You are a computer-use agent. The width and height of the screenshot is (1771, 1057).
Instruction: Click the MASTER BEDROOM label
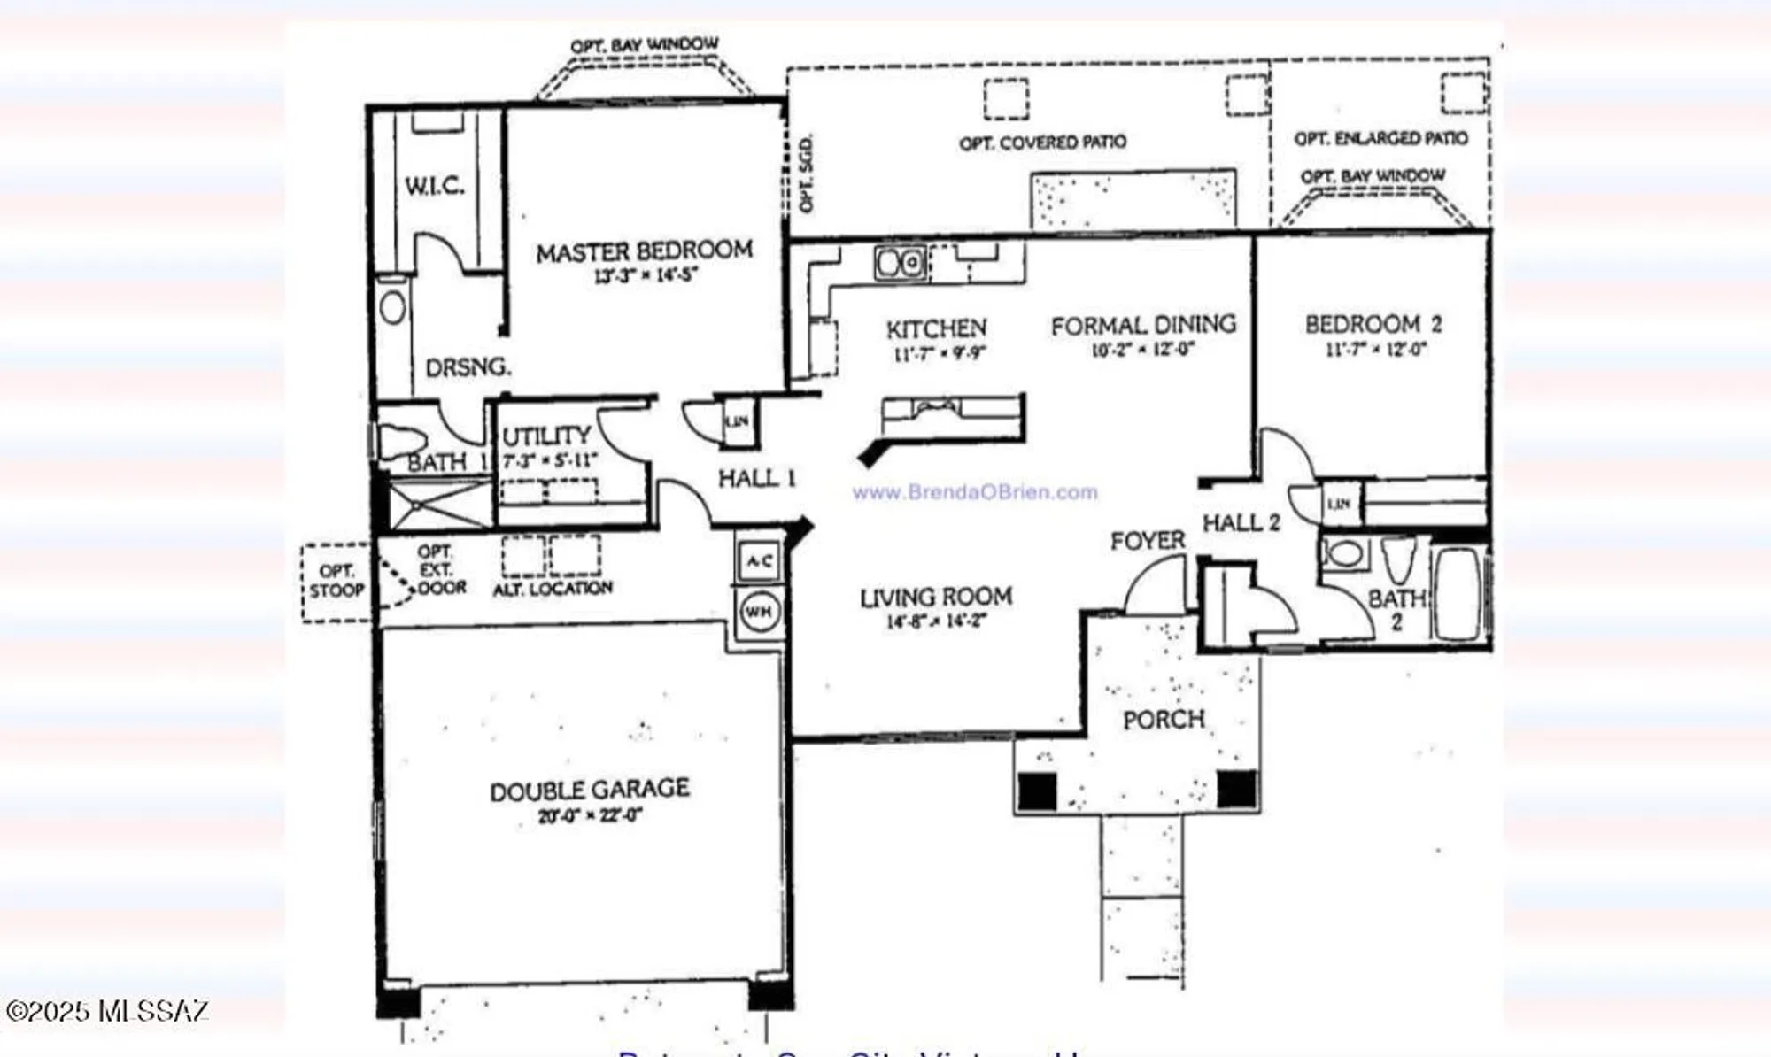[x=644, y=251]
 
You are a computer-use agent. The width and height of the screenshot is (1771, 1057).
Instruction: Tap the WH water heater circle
[x=758, y=611]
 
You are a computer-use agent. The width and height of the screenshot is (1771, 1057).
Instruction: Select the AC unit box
[x=758, y=561]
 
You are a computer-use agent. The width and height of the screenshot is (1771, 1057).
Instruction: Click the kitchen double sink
[x=901, y=263]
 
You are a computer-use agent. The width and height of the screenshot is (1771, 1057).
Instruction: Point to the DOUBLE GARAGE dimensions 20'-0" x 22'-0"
[x=590, y=815]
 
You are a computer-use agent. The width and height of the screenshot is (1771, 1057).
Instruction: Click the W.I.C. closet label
[x=434, y=186]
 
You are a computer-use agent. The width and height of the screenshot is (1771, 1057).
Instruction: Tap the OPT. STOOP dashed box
[x=336, y=582]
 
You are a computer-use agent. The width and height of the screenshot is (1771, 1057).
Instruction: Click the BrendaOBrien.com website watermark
[x=974, y=492]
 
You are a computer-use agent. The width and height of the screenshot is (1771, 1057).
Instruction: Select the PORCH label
[x=1164, y=719]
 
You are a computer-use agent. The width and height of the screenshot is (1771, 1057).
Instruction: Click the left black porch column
[x=1037, y=791]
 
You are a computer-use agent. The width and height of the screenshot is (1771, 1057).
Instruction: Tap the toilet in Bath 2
[x=1398, y=558]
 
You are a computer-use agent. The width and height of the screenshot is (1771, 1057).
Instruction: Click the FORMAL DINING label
[x=1143, y=326]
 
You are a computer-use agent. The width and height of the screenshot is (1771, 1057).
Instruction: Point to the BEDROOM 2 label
[x=1373, y=324]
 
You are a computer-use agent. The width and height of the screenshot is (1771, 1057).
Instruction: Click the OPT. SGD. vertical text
[x=805, y=174]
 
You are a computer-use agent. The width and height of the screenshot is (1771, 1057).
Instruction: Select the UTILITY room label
[x=545, y=436]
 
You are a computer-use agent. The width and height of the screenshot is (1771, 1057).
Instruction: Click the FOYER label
[x=1148, y=540]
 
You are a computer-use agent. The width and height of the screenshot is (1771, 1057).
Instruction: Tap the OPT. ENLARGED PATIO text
[x=1380, y=139]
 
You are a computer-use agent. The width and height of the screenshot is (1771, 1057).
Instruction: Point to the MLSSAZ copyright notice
[x=107, y=1011]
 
